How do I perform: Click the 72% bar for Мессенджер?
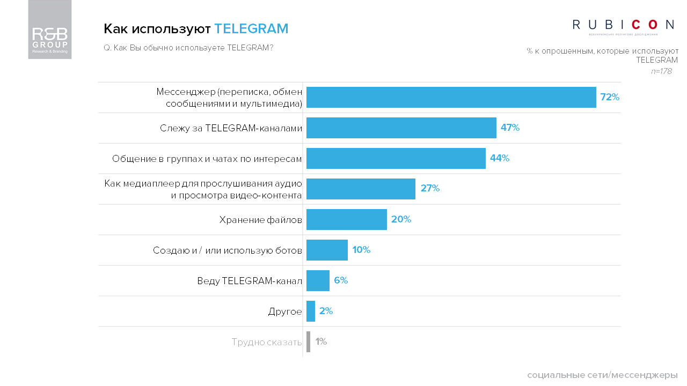451,97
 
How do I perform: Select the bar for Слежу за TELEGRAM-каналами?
401,128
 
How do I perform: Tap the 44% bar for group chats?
396,158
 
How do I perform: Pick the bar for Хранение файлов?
346,219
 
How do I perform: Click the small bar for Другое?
310,311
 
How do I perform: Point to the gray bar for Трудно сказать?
308,342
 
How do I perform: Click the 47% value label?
510,128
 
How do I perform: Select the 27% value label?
430,189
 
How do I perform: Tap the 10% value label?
361,250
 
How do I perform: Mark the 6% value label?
341,280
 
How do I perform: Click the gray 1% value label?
321,342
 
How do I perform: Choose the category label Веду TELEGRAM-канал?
250,281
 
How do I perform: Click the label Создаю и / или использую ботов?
228,250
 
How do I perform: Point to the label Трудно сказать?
267,342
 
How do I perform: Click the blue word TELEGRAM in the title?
251,28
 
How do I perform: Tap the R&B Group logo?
50,30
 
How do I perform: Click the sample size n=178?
661,71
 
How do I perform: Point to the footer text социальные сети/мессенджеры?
602,374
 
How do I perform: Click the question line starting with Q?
188,47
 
